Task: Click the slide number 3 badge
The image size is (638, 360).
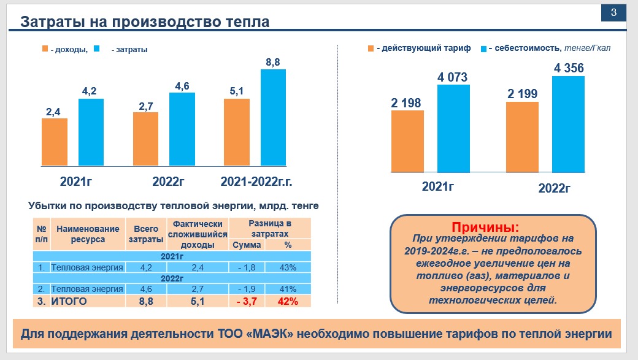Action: (x=613, y=13)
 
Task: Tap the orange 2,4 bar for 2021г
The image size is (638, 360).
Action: (x=55, y=142)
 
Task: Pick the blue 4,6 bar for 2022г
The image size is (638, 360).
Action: (x=182, y=129)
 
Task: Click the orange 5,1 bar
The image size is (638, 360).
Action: (x=237, y=132)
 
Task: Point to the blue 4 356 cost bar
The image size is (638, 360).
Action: (x=568, y=123)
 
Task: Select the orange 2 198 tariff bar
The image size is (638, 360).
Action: (x=407, y=140)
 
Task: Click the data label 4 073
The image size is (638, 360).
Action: (x=452, y=78)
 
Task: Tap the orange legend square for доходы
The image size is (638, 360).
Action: (x=45, y=49)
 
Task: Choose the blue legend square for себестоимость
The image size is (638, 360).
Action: (x=483, y=48)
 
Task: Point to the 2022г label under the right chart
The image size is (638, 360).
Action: (x=555, y=188)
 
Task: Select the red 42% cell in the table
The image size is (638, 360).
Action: (x=288, y=301)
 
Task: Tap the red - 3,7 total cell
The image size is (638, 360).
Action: (x=247, y=301)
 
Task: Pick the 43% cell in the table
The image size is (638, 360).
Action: (x=288, y=267)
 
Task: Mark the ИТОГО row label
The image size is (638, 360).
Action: (x=69, y=301)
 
